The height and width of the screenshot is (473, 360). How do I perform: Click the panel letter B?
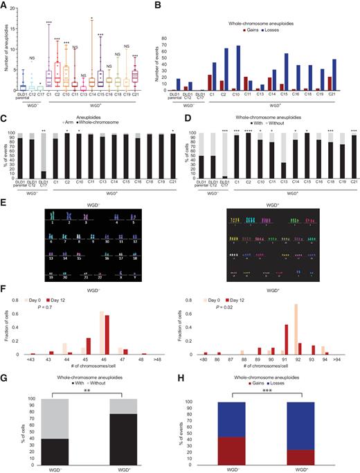(186, 6)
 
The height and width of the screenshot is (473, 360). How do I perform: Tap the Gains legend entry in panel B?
(256, 13)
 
